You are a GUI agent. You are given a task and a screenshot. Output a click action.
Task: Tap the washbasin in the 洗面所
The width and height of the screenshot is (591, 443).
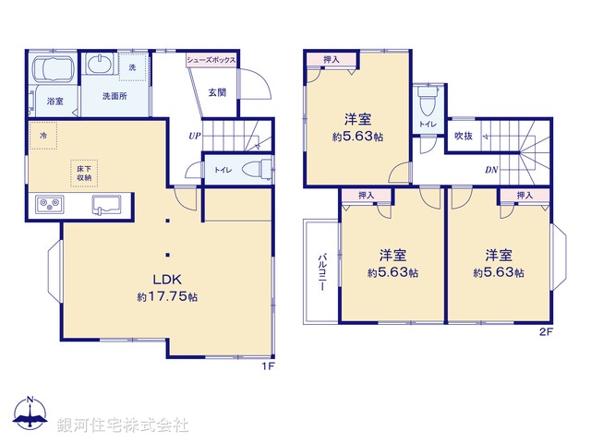100,64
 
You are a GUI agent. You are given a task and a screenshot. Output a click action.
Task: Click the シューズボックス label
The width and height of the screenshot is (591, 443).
211,60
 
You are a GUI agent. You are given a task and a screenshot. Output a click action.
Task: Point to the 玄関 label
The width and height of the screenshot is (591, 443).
217,91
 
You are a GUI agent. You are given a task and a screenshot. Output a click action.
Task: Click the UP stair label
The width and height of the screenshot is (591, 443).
194,137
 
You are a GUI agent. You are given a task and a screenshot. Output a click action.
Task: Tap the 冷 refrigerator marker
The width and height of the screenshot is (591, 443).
42,136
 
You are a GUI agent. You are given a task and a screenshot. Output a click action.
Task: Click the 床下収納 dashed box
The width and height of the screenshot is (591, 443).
84,173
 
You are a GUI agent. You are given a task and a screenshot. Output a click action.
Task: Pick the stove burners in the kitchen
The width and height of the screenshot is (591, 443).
48,204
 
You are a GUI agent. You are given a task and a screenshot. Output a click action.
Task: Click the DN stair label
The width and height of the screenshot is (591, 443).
491,170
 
